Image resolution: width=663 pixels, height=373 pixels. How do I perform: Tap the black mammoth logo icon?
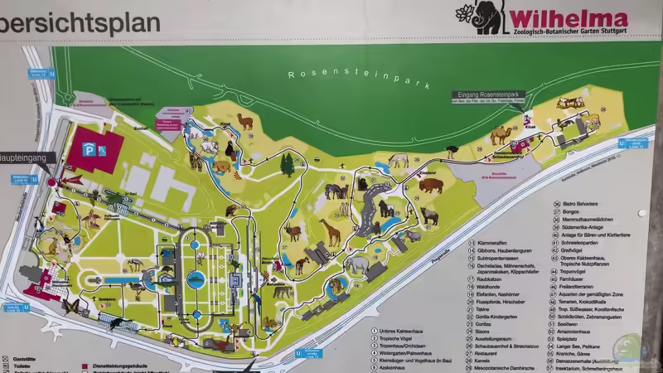pos(489,17)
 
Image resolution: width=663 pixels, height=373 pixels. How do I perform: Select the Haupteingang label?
pos(26,157)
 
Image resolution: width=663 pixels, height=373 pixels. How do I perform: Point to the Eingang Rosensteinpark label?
pos(488,95)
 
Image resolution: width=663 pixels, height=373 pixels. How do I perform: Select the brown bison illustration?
pos(431,185)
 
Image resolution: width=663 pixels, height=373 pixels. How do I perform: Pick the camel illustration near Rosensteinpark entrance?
pos(502,134)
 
